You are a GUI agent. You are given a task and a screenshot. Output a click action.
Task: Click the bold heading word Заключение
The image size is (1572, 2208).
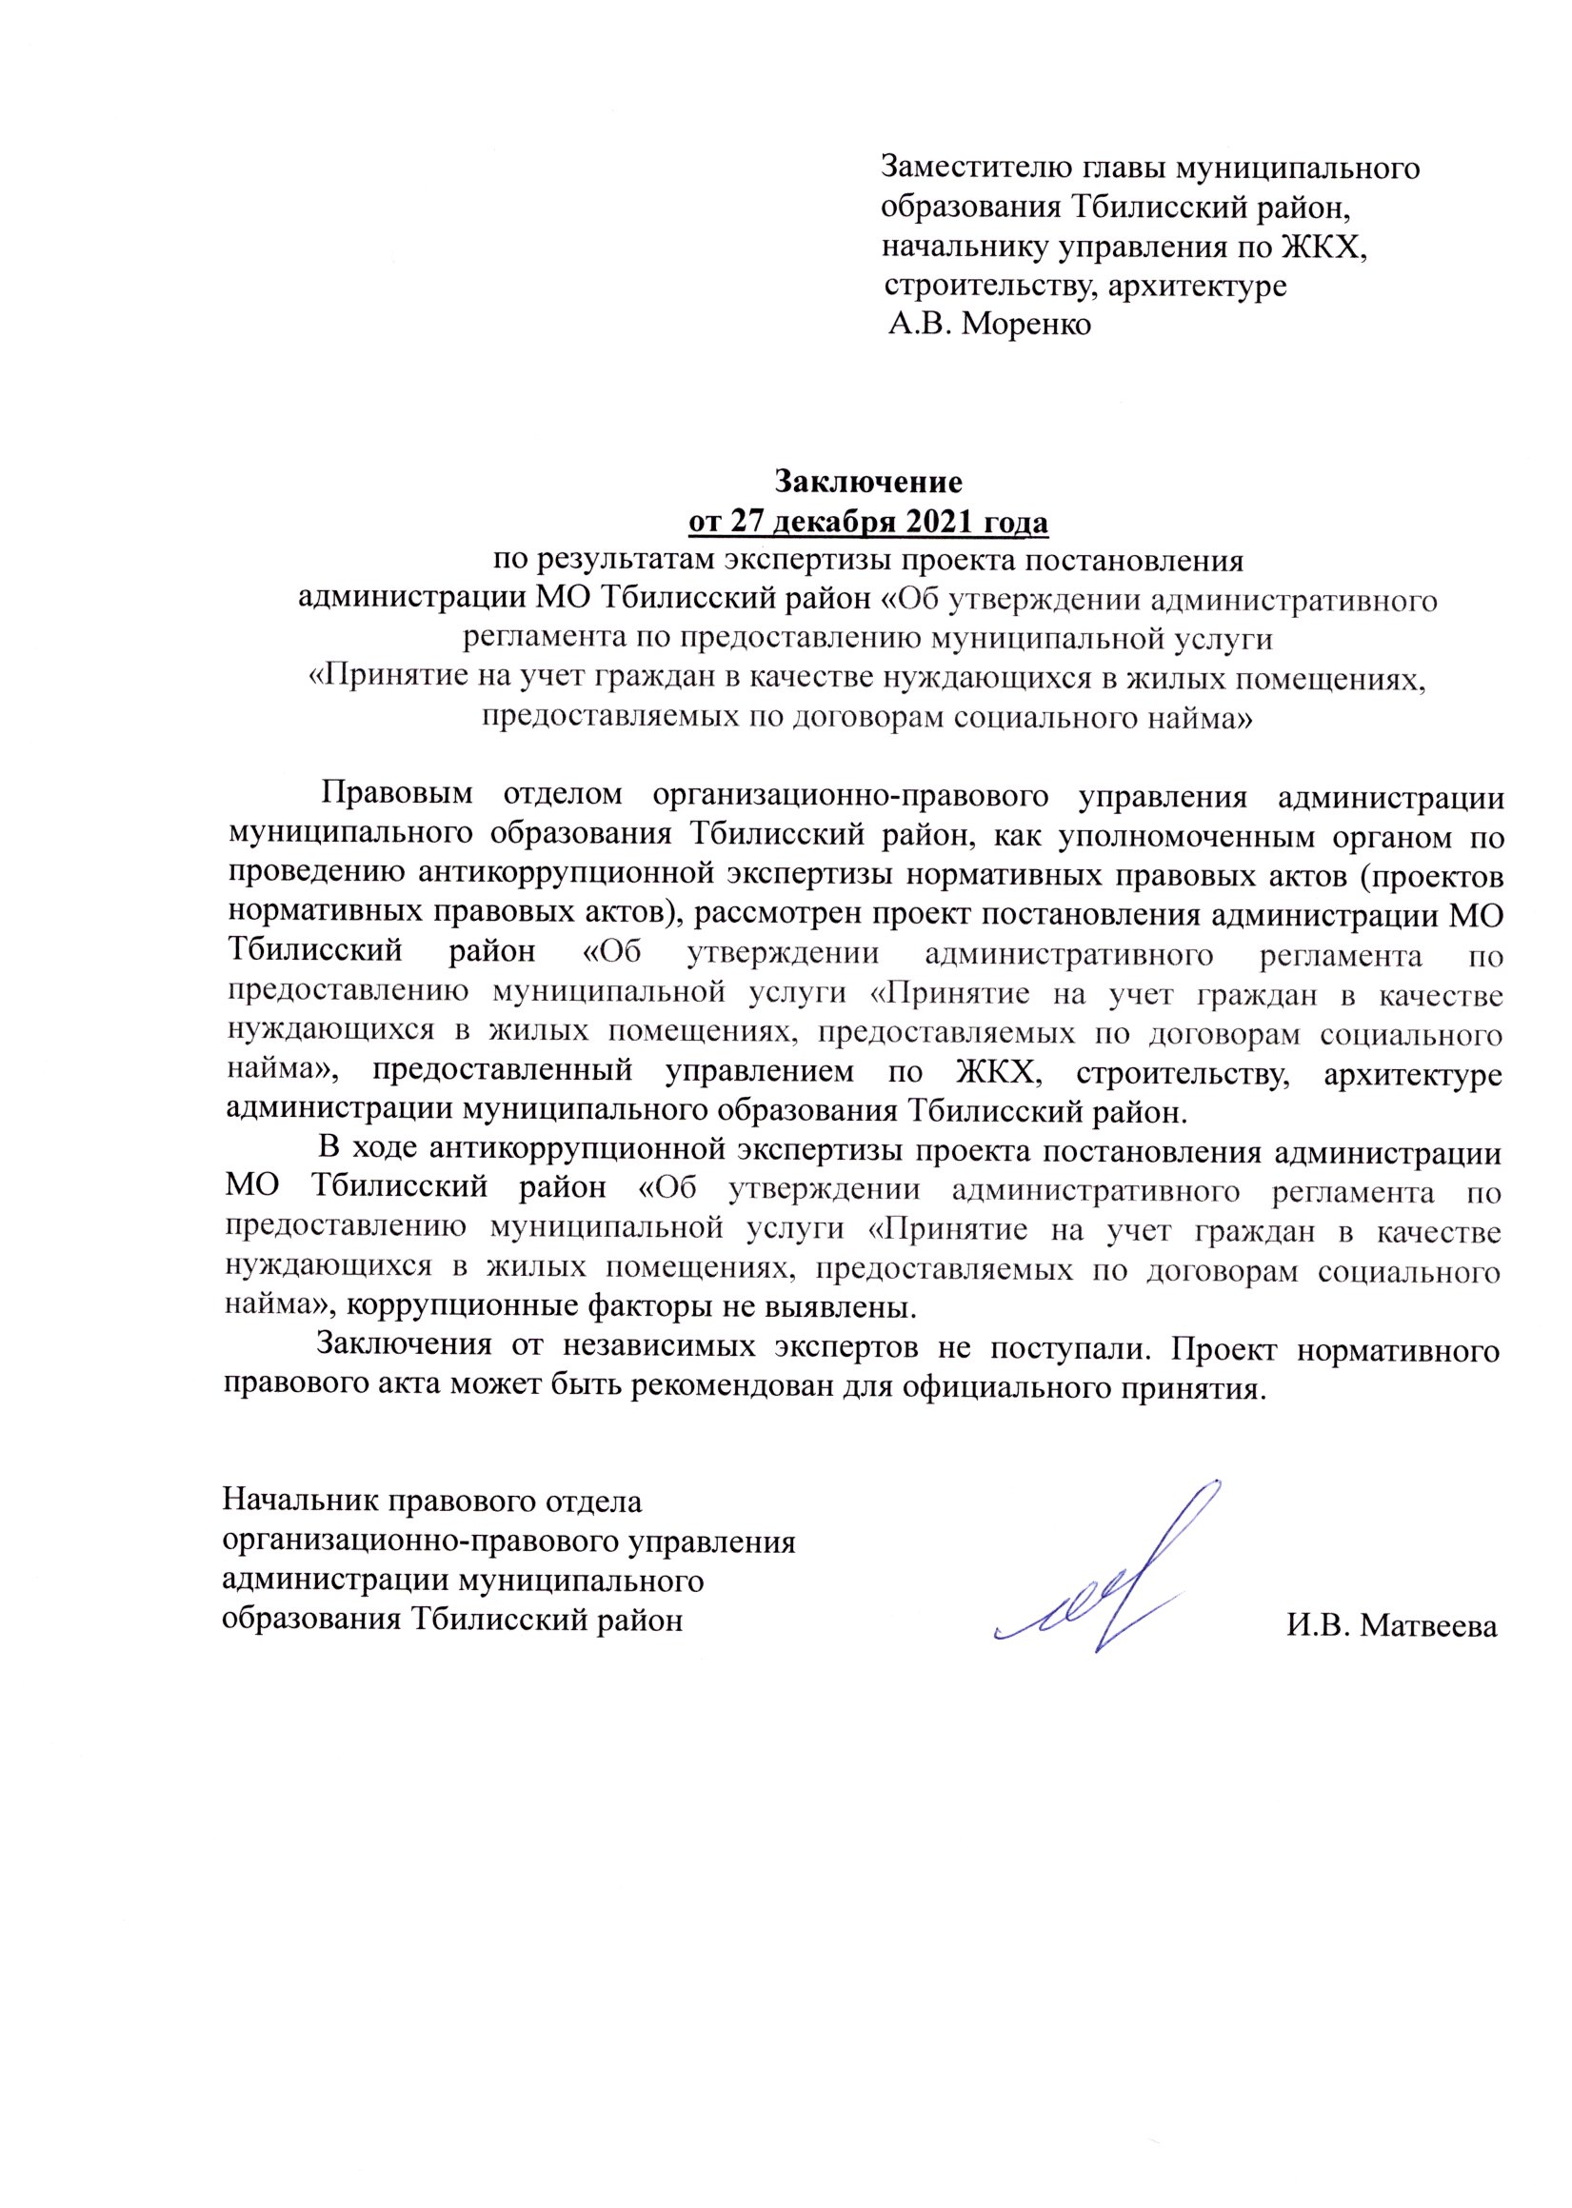click(x=867, y=481)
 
